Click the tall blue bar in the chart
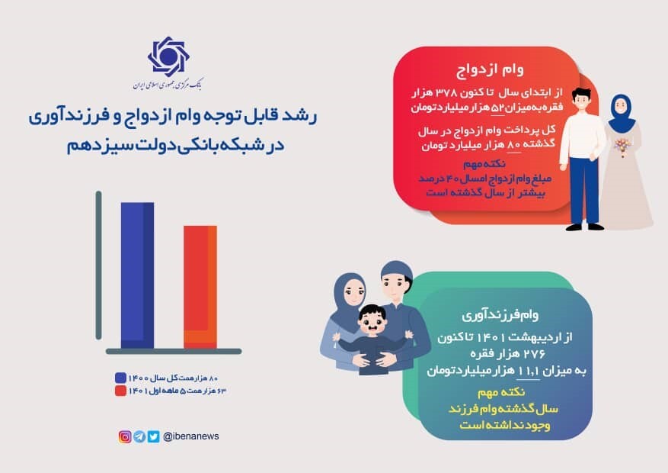coord(137,275)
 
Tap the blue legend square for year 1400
coord(120,378)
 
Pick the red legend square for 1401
coord(120,391)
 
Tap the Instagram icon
coord(125,436)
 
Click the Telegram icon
coord(139,436)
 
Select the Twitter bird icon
coord(153,436)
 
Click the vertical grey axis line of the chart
coord(99,267)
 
